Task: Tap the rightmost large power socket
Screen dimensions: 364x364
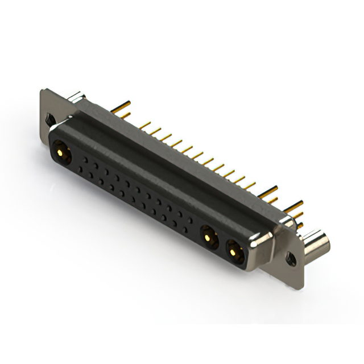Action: tap(234, 248)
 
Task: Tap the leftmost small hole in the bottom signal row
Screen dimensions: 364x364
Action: tap(82, 171)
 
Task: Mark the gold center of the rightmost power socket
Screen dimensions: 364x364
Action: tap(233, 248)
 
